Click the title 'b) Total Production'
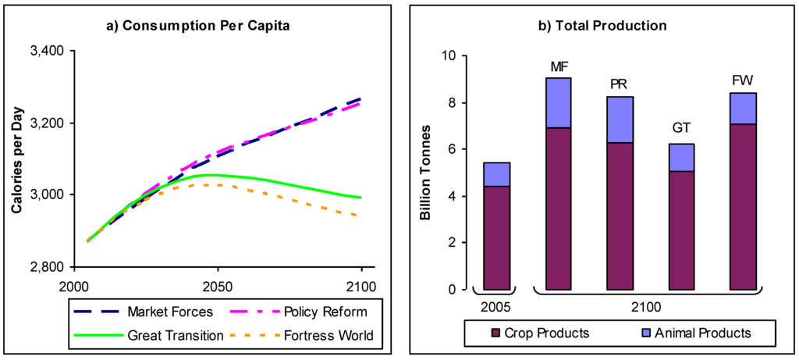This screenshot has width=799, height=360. [602, 26]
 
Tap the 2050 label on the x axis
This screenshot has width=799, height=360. [218, 285]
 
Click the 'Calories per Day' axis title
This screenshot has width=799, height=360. [16, 159]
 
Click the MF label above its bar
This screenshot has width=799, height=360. [559, 66]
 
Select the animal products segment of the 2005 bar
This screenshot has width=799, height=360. [496, 174]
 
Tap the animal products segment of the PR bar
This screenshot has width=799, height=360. [620, 119]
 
